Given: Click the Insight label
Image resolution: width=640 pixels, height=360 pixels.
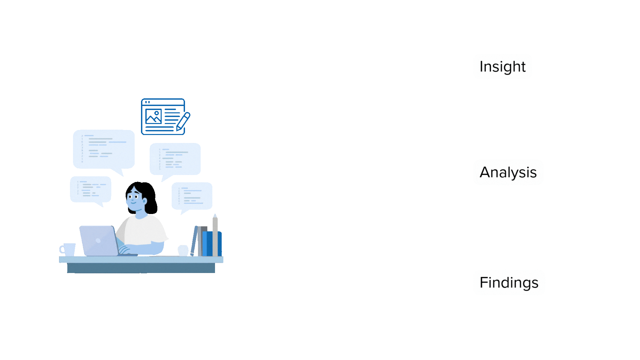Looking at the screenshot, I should tap(502, 67).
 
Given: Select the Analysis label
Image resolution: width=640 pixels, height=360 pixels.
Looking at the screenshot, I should tap(508, 172).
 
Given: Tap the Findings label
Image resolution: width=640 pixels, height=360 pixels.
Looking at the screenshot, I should tap(509, 283).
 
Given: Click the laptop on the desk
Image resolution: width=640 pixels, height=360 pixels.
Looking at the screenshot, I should tap(99, 241).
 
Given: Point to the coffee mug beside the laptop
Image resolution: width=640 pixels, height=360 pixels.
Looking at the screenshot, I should tap(68, 249).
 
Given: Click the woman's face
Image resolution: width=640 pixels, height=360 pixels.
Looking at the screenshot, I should tap(135, 199).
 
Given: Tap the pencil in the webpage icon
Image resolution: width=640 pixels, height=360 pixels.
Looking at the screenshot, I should tap(183, 121).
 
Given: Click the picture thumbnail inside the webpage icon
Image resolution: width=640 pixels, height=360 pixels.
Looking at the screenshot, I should tap(153, 116).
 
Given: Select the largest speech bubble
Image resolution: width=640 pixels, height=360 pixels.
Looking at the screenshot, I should tap(104, 149).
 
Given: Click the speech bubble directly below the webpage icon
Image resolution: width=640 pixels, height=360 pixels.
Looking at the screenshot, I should tap(175, 159).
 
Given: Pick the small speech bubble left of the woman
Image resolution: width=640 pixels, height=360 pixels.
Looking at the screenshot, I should tap(90, 189).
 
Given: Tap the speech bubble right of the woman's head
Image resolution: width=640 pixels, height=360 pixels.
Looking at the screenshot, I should tap(192, 196).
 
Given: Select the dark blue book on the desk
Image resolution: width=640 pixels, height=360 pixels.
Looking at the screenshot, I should tap(209, 243).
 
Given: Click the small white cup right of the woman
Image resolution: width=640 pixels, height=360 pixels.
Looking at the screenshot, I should tap(183, 250).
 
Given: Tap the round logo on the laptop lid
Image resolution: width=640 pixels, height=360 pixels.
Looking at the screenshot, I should tap(98, 241).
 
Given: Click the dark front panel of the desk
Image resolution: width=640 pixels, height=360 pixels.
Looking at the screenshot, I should tap(141, 268).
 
